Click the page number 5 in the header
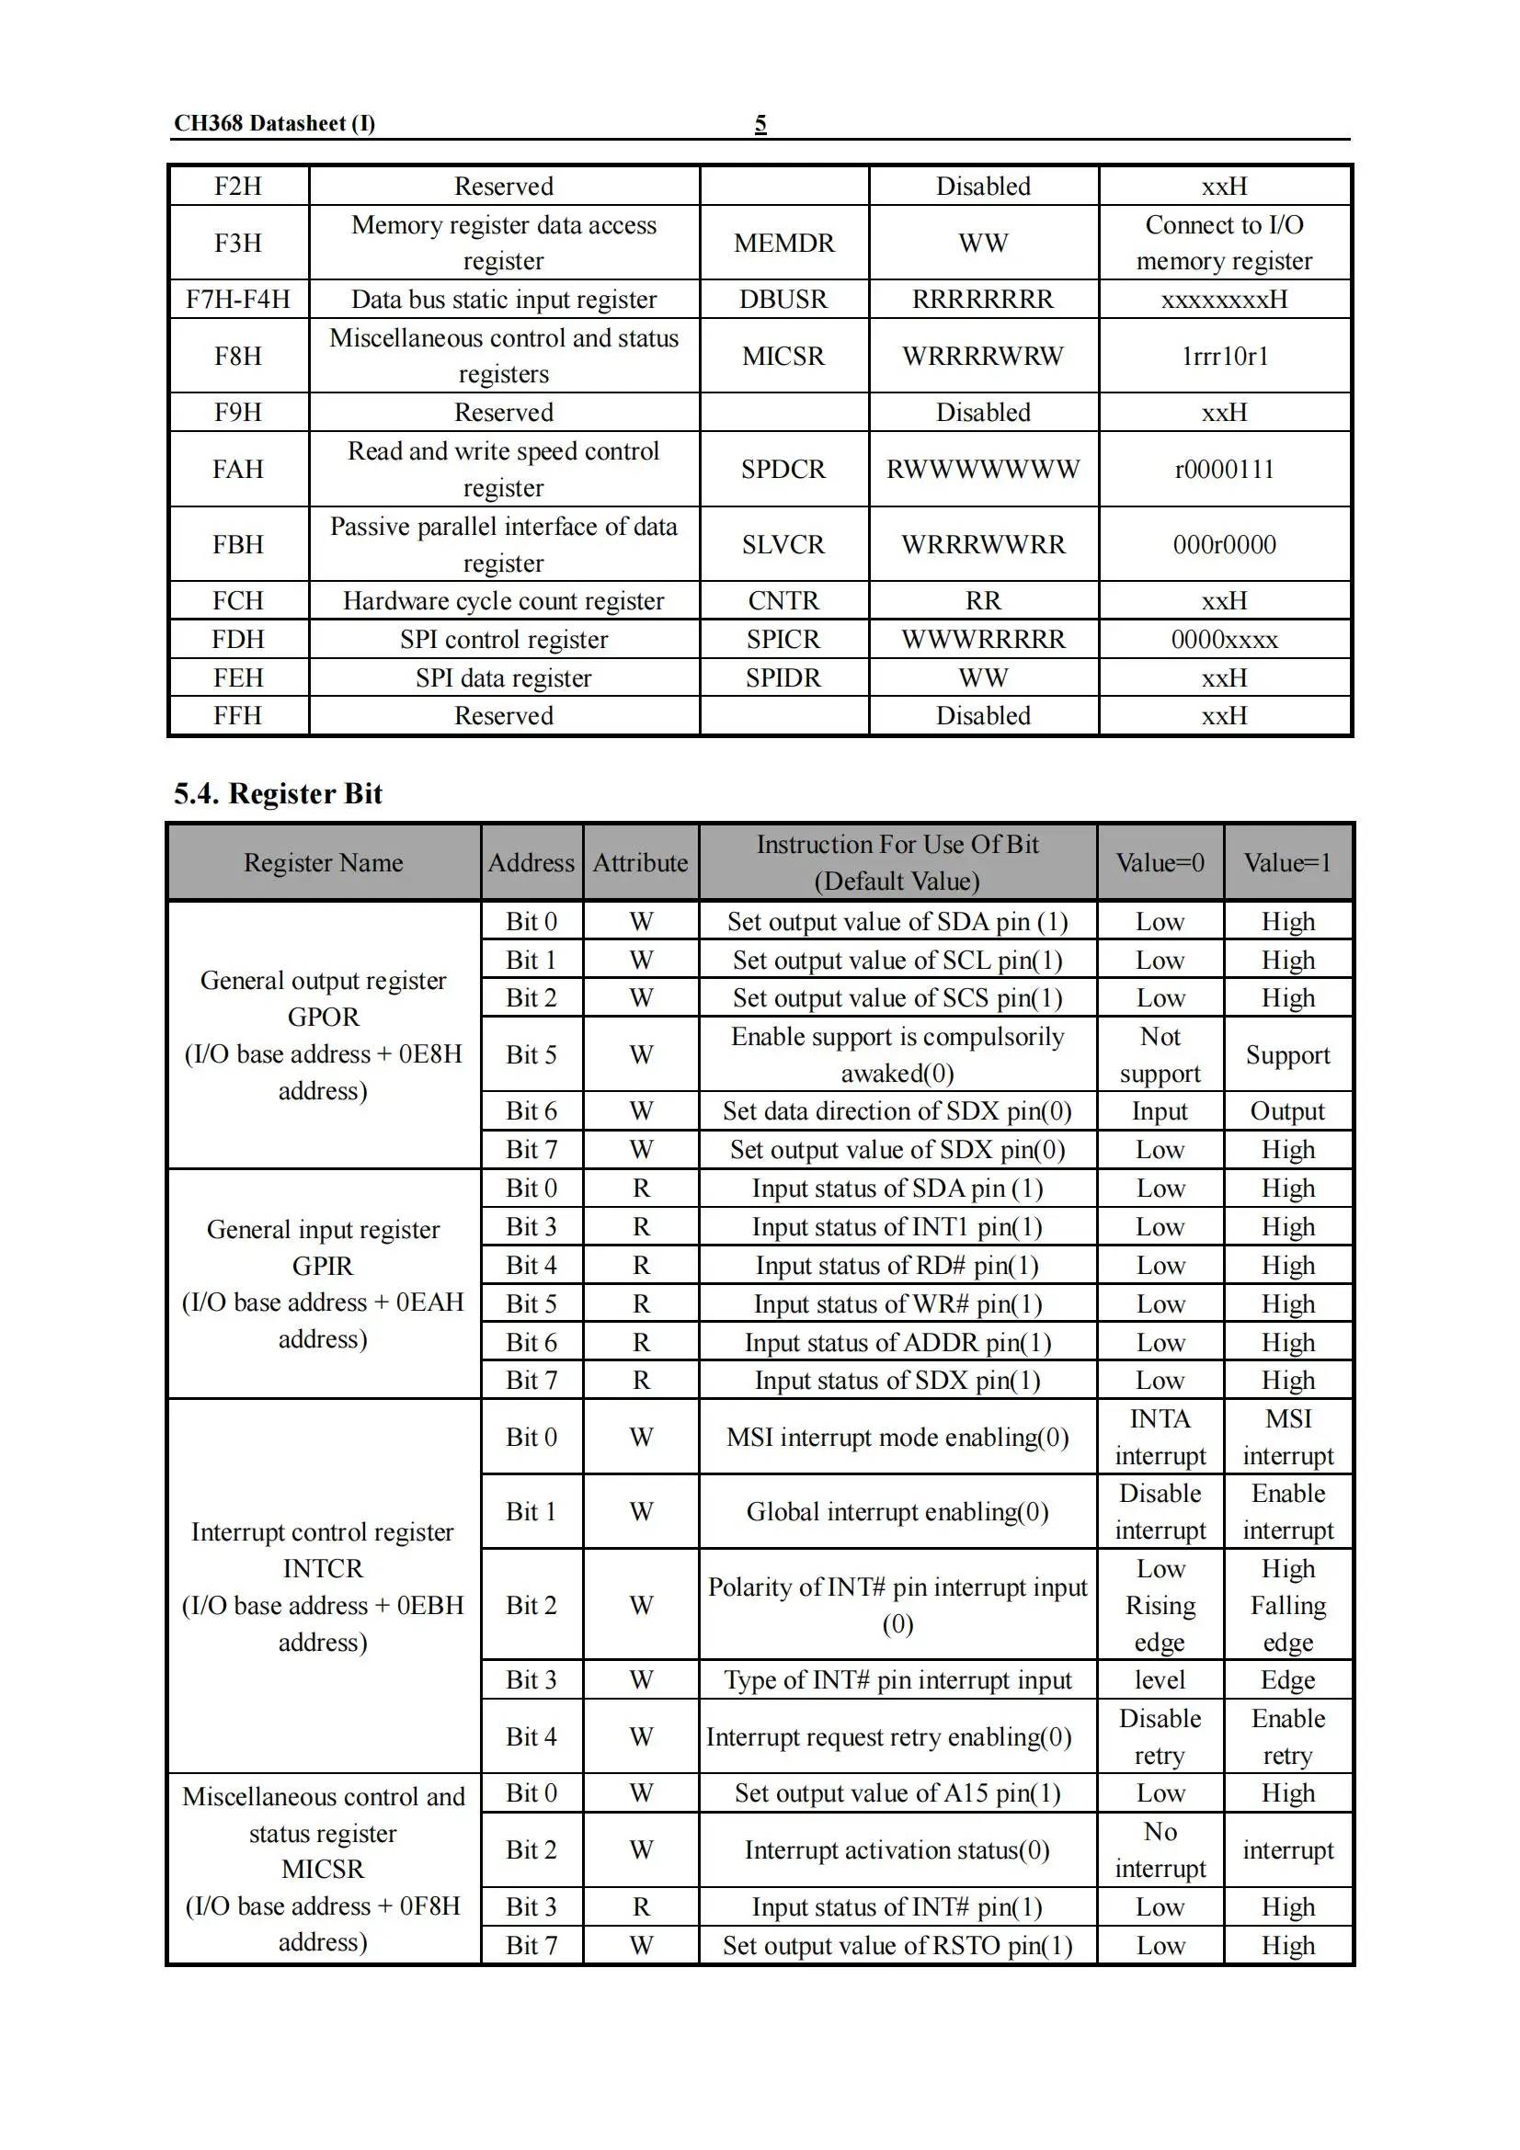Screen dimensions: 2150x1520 click(760, 123)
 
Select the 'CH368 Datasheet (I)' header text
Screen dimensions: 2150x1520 click(274, 123)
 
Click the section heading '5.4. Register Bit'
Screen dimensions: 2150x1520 click(278, 793)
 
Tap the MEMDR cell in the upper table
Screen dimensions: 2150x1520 click(783, 244)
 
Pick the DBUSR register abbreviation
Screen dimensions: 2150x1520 click(783, 300)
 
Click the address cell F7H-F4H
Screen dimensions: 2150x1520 click(238, 300)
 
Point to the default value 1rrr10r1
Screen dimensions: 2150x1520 click(1224, 357)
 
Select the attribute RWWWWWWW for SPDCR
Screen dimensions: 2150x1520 click(982, 469)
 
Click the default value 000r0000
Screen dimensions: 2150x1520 click(1224, 545)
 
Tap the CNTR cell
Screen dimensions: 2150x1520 click(783, 601)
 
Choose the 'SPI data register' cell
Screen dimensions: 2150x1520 click(504, 678)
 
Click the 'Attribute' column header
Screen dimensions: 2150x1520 click(641, 862)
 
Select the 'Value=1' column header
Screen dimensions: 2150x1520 click(1287, 862)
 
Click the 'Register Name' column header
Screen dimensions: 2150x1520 click(323, 862)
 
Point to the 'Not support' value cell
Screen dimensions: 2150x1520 click(1160, 1054)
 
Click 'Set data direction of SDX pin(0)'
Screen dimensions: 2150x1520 click(897, 1111)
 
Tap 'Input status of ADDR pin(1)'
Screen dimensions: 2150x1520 click(897, 1343)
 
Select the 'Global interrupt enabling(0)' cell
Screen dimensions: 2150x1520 click(897, 1511)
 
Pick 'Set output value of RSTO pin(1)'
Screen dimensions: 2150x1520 click(897, 1946)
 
